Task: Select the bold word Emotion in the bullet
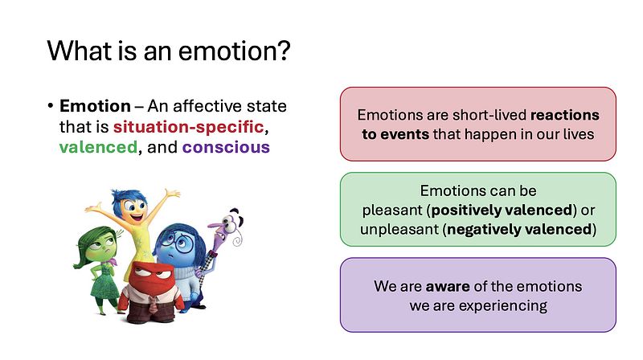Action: coord(95,106)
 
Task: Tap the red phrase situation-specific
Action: coord(188,127)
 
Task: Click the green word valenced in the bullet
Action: coord(98,147)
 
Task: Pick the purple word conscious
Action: coord(226,147)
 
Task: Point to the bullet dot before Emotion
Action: coord(51,106)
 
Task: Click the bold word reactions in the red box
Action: coord(565,115)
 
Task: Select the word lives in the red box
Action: coord(581,134)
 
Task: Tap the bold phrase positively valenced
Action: coord(502,210)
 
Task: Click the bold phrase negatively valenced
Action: coord(519,229)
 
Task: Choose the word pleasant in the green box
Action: coord(392,211)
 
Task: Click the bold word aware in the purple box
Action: coord(448,286)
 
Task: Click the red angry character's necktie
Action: coord(153,305)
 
